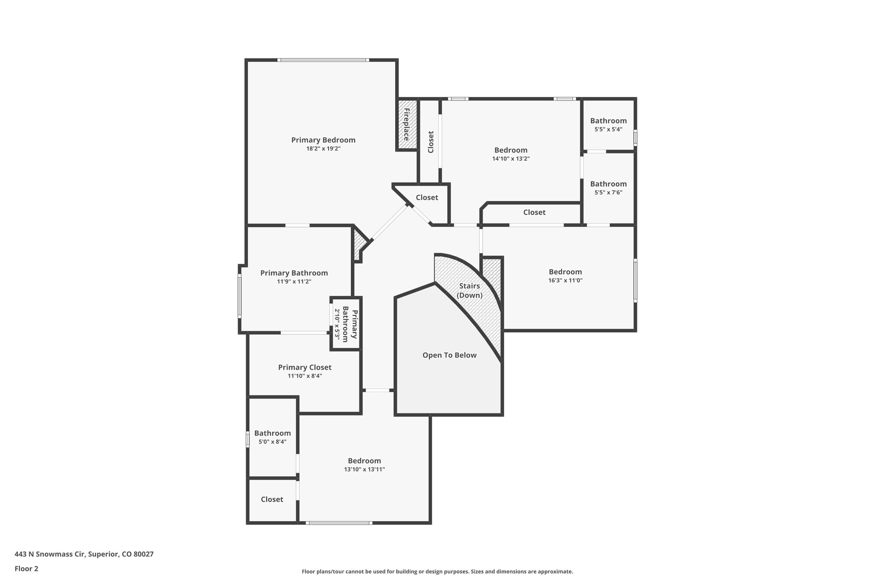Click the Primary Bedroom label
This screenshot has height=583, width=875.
point(323,140)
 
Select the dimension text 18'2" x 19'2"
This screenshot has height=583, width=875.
point(323,149)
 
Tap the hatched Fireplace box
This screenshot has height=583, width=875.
point(407,124)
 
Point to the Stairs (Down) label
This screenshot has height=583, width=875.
point(469,290)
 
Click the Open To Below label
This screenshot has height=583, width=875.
point(449,355)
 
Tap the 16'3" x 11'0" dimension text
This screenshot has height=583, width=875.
point(565,281)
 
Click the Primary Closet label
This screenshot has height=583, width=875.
point(305,367)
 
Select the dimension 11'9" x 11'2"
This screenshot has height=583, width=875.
point(294,282)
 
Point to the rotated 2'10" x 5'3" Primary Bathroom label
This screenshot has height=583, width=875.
point(345,323)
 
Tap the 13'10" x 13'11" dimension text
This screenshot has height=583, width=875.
point(364,469)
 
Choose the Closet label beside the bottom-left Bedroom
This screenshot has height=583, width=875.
point(272,499)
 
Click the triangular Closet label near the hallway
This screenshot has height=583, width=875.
point(427,197)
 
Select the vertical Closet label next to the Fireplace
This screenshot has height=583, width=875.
point(431,142)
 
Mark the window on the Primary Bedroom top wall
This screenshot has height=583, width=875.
point(323,60)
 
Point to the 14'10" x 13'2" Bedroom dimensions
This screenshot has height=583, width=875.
point(511,159)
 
